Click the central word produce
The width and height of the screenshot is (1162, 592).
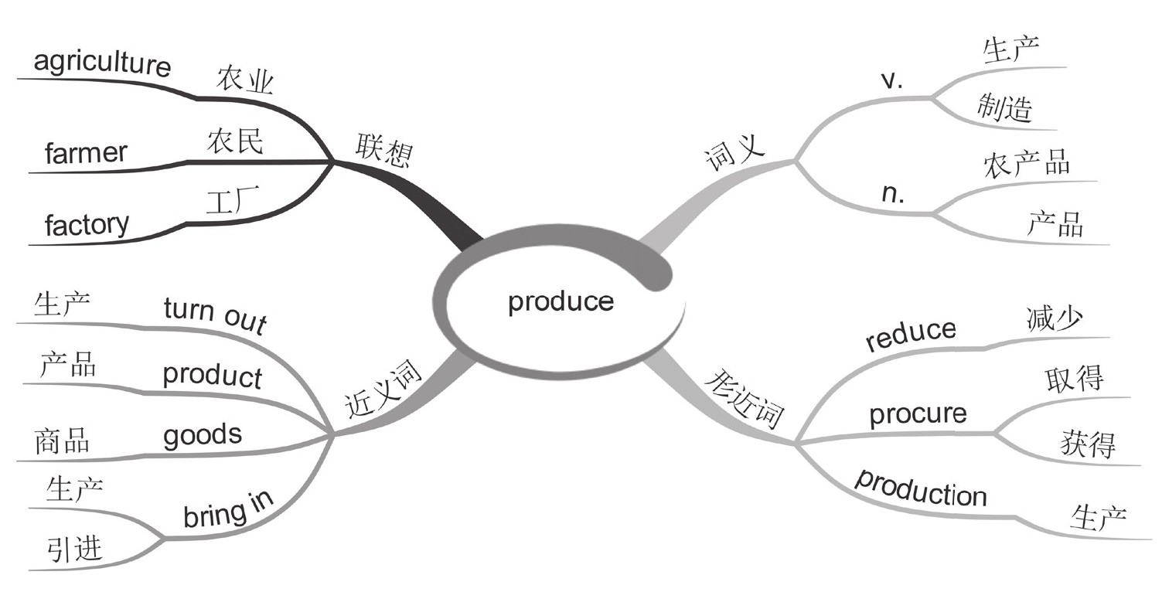pos(561,301)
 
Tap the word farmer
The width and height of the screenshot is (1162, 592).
pos(86,153)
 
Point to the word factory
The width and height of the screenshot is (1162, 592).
pos(87,225)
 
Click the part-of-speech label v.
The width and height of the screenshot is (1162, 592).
pos(892,82)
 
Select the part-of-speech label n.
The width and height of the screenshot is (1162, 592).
pos(893,194)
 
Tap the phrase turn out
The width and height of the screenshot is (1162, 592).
pos(215,314)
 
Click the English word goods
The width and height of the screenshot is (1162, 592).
pos(202,434)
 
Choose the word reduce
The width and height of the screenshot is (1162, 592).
pos(911,335)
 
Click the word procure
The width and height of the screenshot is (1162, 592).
pos(918,413)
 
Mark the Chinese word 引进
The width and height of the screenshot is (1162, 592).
pos(73,549)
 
